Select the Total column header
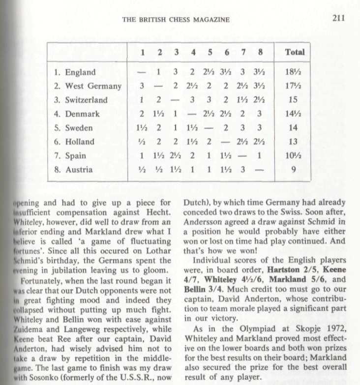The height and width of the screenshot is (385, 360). pos(295,52)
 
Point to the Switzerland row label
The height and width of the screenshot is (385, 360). pos(81,100)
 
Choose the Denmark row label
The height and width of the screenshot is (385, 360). pos(77,114)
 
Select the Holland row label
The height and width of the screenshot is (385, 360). pos(74,142)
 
